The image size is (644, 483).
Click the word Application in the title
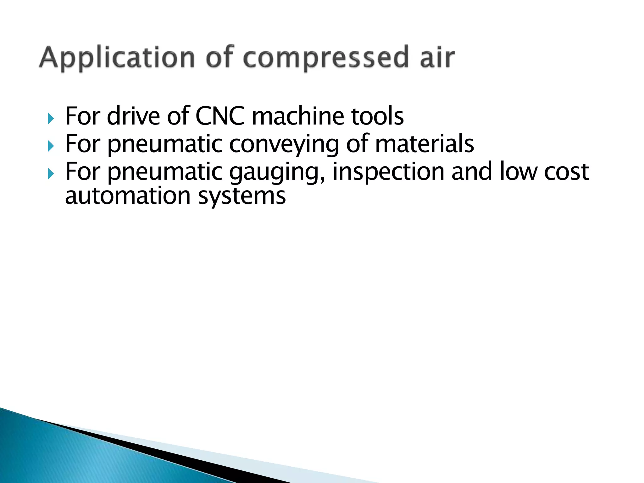pyautogui.click(x=117, y=58)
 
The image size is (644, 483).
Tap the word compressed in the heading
pyautogui.click(x=327, y=58)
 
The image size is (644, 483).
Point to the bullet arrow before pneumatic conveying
pyautogui.click(x=51, y=146)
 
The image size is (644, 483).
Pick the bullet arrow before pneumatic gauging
pyautogui.click(x=51, y=173)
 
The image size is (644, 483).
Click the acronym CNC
pyautogui.click(x=220, y=116)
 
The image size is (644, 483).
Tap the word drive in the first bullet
pyautogui.click(x=133, y=116)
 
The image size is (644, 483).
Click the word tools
pyautogui.click(x=377, y=116)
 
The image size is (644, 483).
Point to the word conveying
pyautogui.click(x=284, y=144)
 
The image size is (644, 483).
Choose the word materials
pyautogui.click(x=425, y=144)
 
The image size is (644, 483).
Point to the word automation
pyautogui.click(x=128, y=196)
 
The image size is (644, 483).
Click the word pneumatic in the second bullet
pyautogui.click(x=165, y=144)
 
